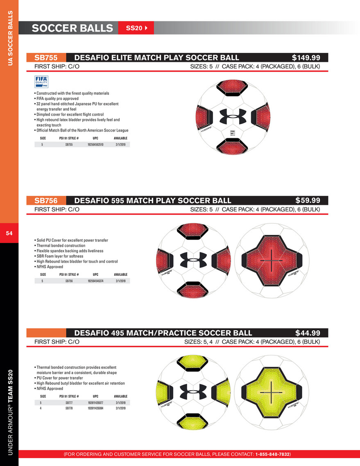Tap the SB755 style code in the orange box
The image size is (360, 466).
pyautogui.click(x=45, y=58)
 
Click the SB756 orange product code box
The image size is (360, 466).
pyautogui.click(x=45, y=200)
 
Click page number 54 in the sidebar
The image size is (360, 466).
pyautogui.click(x=9, y=233)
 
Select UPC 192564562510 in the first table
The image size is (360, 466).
pyautogui.click(x=95, y=145)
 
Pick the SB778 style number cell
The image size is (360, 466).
pyautogui.click(x=69, y=408)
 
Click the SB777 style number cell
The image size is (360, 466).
pyautogui.click(x=69, y=403)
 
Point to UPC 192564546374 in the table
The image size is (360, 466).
pyautogui.click(x=95, y=281)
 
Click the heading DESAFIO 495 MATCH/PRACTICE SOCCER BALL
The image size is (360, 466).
pyautogui.click(x=163, y=333)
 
